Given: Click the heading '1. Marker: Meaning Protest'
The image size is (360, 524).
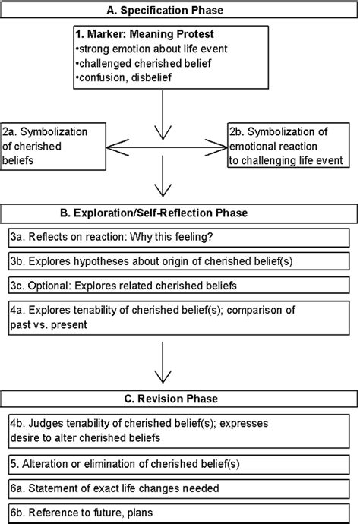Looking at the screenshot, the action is pyautogui.click(x=144, y=34).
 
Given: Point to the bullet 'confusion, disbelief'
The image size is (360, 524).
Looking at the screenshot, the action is pyautogui.click(x=123, y=77).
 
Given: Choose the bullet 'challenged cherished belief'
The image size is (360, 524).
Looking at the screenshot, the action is pyautogui.click(x=144, y=63).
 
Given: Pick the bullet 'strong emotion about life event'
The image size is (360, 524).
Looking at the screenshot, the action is pyautogui.click(x=151, y=49).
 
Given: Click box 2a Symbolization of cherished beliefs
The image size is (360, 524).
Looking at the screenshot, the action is pyautogui.click(x=53, y=147).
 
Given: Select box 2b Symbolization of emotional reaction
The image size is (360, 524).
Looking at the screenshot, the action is pyautogui.click(x=289, y=145).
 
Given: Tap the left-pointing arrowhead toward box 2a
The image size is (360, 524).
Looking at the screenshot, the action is pyautogui.click(x=117, y=147).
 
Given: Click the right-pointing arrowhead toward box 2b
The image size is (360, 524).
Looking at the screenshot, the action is pyautogui.click(x=216, y=147).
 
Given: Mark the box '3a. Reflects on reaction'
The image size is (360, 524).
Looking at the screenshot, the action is pyautogui.click(x=178, y=238).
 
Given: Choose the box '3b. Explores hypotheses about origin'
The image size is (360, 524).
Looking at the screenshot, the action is pyautogui.click(x=178, y=261).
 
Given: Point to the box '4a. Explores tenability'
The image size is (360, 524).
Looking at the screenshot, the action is pyautogui.click(x=178, y=317).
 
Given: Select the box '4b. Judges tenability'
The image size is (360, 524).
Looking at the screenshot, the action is pyautogui.click(x=178, y=431).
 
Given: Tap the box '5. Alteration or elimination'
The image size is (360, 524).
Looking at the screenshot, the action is pyautogui.click(x=178, y=464).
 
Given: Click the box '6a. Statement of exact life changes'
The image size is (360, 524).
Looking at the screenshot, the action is pyautogui.click(x=178, y=488).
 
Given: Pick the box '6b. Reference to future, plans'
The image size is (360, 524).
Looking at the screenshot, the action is pyautogui.click(x=178, y=513).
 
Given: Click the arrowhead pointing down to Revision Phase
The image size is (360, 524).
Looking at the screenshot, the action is pyautogui.click(x=163, y=376).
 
